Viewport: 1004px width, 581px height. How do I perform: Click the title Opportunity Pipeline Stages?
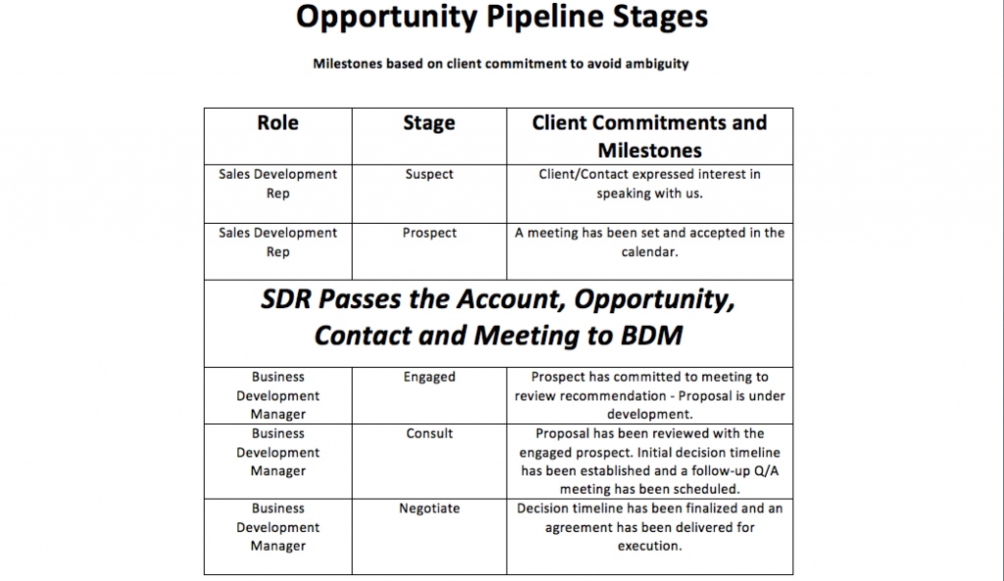[501, 18]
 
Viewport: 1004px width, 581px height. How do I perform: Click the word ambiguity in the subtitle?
[657, 64]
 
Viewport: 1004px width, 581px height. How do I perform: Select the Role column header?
[277, 123]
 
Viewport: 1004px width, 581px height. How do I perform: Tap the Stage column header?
[429, 123]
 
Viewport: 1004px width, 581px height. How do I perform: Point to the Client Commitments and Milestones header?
[649, 136]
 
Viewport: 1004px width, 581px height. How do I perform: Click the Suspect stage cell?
[429, 175]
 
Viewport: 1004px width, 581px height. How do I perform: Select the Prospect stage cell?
[429, 233]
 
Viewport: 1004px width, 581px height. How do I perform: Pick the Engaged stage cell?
[429, 377]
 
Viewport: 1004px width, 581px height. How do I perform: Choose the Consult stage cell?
[429, 434]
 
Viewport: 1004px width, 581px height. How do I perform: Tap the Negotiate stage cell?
[429, 508]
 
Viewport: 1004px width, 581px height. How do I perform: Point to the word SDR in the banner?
[285, 299]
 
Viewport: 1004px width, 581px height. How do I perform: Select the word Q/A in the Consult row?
[767, 471]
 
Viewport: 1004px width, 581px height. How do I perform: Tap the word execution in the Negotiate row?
[649, 547]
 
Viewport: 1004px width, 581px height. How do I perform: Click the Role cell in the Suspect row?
[277, 185]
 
